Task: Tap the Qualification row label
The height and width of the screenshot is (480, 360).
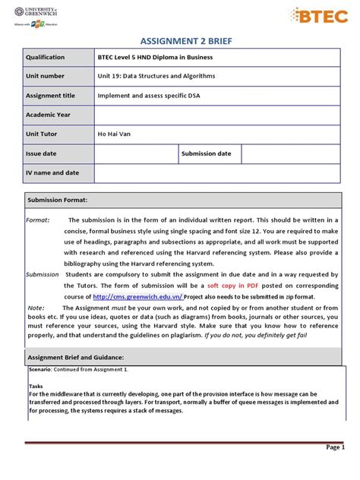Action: tap(46, 57)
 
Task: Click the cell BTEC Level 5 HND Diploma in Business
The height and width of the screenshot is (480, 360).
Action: tap(156, 57)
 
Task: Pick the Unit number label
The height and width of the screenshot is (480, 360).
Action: tap(46, 76)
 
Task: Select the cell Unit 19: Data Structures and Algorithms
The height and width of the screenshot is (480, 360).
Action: tap(156, 76)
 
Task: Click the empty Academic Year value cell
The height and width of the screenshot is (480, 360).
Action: tap(217, 115)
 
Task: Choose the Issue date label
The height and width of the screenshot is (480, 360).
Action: tap(41, 154)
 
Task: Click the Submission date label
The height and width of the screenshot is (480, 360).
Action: tap(206, 154)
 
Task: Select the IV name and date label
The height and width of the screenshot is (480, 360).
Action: tap(52, 173)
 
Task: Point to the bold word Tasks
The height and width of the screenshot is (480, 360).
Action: tap(36, 386)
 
